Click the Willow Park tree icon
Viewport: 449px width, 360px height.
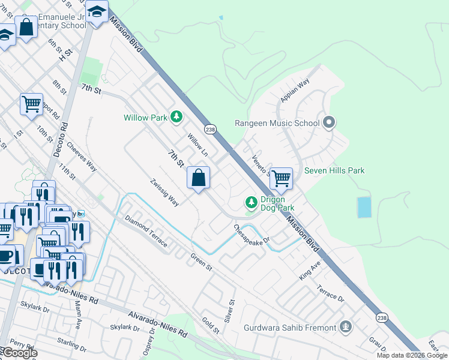tap(176, 116)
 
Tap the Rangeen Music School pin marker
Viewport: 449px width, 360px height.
tap(328, 123)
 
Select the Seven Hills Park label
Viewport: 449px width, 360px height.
tap(334, 171)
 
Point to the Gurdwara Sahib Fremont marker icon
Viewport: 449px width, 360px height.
tap(345, 327)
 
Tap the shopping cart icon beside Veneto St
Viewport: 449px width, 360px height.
tap(280, 178)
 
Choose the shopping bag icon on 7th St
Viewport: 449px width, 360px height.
tap(198, 178)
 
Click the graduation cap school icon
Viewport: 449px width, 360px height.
tap(96, 12)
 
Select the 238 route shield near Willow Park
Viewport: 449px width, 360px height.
tap(209, 130)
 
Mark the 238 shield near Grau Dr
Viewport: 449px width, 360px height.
tap(382, 317)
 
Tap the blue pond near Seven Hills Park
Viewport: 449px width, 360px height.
tap(364, 207)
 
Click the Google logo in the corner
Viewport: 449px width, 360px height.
tap(19, 353)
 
